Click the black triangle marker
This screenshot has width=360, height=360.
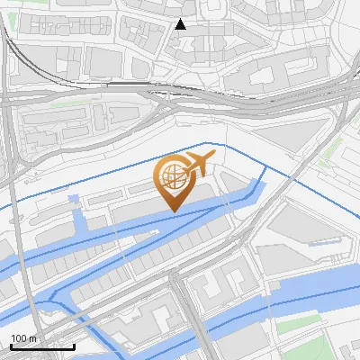tap(181, 24)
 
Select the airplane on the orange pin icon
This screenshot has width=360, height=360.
tap(198, 166)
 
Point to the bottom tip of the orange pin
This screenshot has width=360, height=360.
tap(173, 211)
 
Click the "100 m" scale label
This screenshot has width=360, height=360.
tap(24, 337)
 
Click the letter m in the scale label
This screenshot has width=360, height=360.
tap(33, 337)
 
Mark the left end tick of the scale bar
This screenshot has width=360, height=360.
tap(11, 345)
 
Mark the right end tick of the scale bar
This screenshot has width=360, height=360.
tap(74, 345)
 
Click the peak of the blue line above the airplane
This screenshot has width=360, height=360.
tap(209, 142)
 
